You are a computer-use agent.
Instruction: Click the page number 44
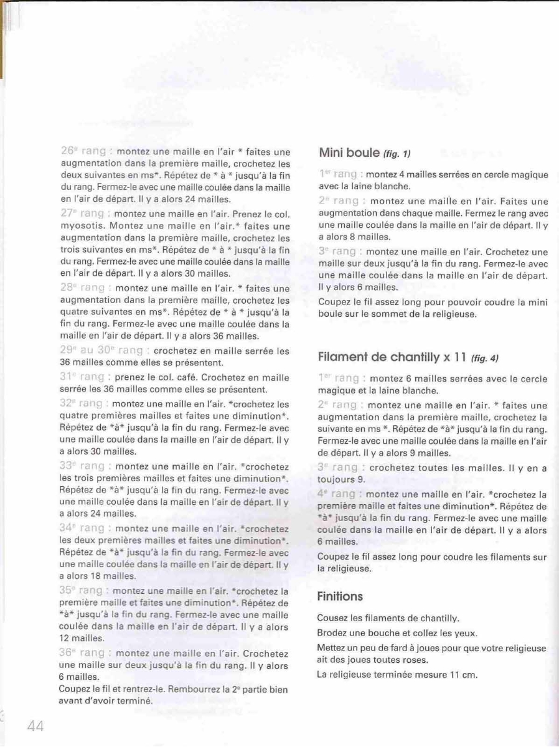(35, 725)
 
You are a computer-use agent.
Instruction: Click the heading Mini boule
(345, 153)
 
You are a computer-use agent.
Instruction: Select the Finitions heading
(340, 596)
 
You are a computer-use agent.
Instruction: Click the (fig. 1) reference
(397, 154)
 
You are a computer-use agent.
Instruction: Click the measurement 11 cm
(463, 676)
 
